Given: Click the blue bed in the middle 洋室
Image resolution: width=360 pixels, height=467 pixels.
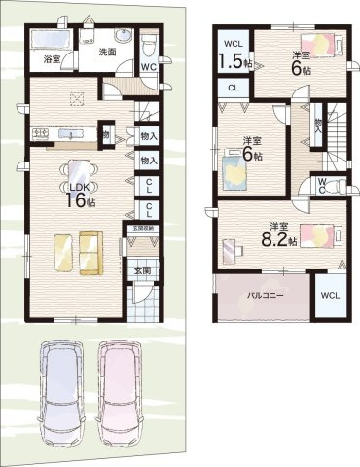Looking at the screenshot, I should (234, 171).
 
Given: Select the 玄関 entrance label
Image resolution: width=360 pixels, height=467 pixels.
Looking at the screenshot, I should (141, 271).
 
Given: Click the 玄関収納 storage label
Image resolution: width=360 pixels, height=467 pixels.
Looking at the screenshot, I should (142, 229).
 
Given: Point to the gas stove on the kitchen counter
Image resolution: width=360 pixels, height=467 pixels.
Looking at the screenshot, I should (41, 132).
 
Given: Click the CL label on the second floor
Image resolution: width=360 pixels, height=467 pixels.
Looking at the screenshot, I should (232, 88).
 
